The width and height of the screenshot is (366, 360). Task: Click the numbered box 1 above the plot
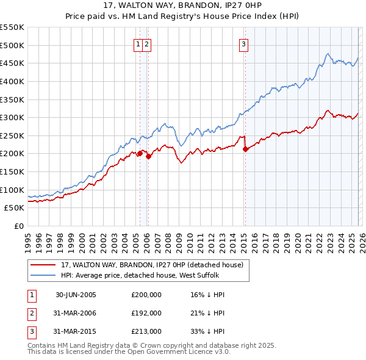pyautogui.click(x=138, y=43)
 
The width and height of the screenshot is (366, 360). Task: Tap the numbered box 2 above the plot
pyautogui.click(x=148, y=43)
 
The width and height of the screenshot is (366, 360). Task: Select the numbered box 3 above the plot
pyautogui.click(x=243, y=43)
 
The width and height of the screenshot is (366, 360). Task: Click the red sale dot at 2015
pyautogui.click(x=245, y=149)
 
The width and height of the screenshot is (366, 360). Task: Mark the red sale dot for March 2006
pyautogui.click(x=148, y=156)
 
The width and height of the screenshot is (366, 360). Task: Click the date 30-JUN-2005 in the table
pyautogui.click(x=76, y=295)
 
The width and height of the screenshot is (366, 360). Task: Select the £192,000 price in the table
pyautogui.click(x=146, y=313)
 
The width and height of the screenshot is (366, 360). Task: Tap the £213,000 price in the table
pyautogui.click(x=146, y=331)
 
